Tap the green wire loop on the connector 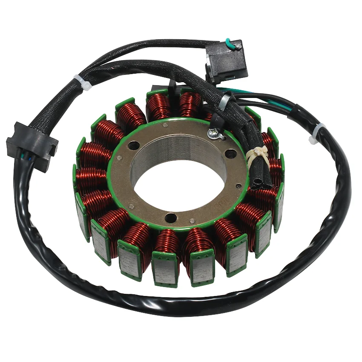point(230,43)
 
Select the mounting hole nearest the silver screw point(230,152)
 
